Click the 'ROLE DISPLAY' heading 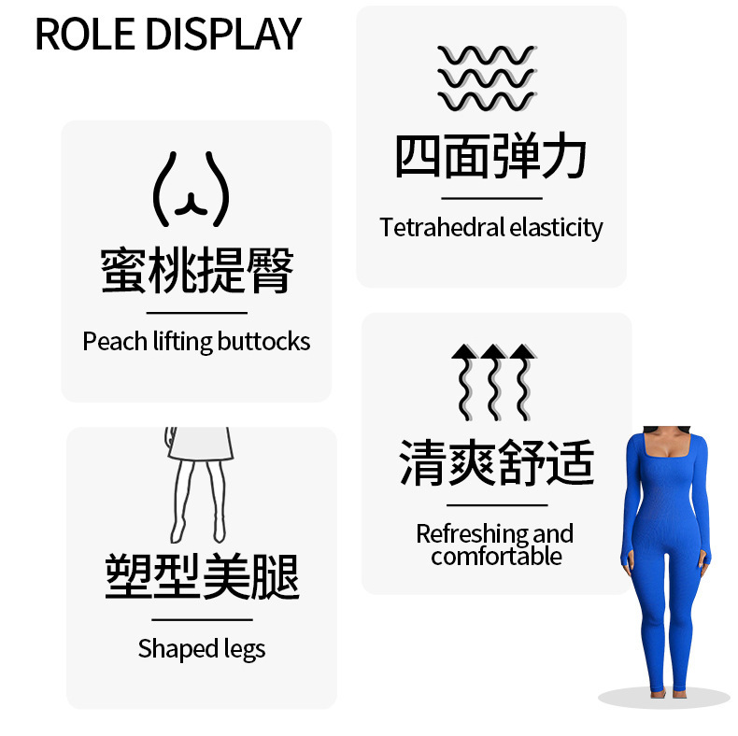click(x=168, y=34)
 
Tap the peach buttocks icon click(x=191, y=190)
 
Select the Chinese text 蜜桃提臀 click(x=197, y=271)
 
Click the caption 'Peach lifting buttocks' click(x=196, y=342)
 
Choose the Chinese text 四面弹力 click(x=490, y=156)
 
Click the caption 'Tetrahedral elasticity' click(x=491, y=228)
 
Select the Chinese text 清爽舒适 click(x=496, y=462)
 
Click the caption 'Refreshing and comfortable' click(x=495, y=545)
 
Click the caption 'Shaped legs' click(x=202, y=648)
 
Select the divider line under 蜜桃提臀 click(x=197, y=313)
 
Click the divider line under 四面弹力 click(x=491, y=198)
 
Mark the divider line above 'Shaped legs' click(x=202, y=619)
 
